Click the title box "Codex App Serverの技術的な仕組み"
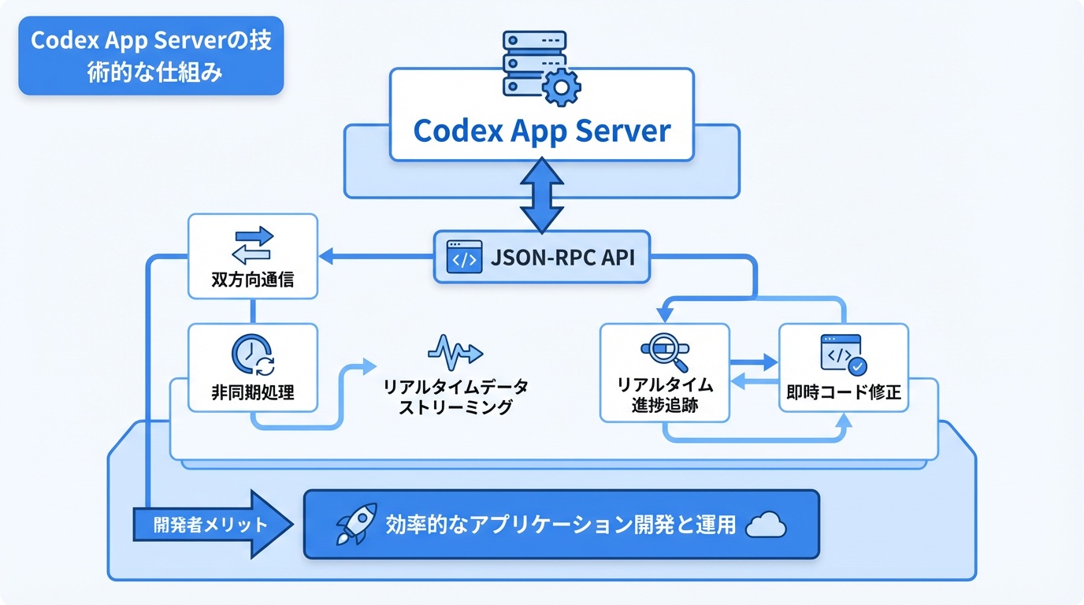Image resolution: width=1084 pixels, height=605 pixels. click(x=150, y=55)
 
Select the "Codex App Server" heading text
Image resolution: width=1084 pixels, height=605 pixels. click(x=542, y=130)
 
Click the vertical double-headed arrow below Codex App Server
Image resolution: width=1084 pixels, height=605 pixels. click(x=542, y=195)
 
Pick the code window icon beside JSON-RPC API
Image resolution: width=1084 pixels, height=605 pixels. click(x=464, y=257)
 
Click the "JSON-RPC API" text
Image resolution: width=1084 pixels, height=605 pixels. click(x=563, y=258)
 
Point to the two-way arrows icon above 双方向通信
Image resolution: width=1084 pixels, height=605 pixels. click(x=253, y=244)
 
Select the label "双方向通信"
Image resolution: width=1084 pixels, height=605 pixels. click(x=253, y=280)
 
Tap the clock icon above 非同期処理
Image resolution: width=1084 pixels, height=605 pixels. click(x=252, y=355)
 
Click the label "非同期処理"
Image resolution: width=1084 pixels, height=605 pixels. click(x=253, y=392)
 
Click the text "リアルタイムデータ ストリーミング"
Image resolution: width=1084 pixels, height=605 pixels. click(x=455, y=396)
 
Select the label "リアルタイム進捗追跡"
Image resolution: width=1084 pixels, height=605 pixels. click(x=665, y=395)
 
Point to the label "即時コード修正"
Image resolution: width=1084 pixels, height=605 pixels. click(x=844, y=392)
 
